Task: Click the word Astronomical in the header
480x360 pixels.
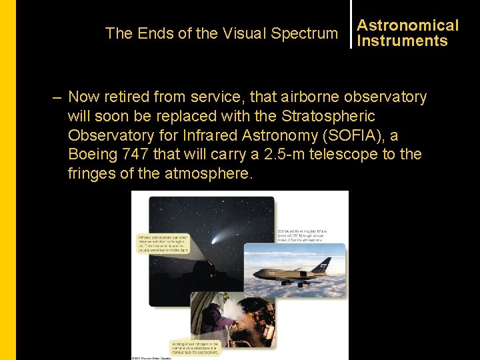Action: click(x=407, y=25)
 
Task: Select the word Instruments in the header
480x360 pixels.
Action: click(x=402, y=41)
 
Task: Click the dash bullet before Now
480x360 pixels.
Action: click(x=58, y=97)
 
